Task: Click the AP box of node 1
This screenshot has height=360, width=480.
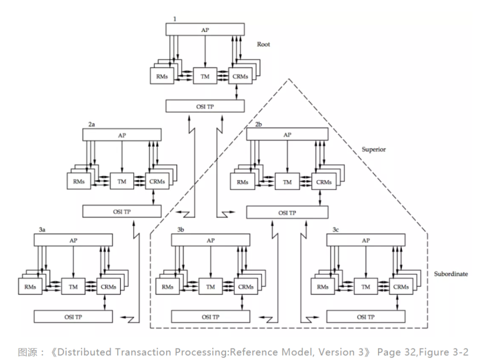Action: point(205,30)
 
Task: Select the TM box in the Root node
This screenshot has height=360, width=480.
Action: point(205,77)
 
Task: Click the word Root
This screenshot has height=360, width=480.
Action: point(265,45)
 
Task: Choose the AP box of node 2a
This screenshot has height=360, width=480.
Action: point(122,134)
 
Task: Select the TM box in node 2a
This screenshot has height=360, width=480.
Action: point(122,181)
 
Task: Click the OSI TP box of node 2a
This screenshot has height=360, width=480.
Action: point(122,211)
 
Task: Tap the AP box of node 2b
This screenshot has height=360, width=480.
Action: point(287,134)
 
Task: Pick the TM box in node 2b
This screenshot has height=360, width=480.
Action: point(287,181)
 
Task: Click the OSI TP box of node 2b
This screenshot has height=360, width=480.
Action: point(287,211)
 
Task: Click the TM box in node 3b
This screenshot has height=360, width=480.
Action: point(211,286)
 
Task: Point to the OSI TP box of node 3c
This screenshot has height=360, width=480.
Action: point(365,315)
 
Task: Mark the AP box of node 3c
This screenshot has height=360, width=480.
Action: point(365,239)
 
